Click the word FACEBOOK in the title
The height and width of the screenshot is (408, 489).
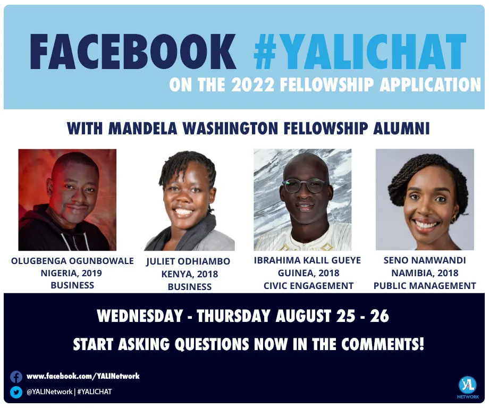click(x=133, y=52)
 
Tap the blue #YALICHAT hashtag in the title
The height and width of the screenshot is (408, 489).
click(x=360, y=52)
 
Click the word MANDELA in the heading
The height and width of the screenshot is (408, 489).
click(x=142, y=129)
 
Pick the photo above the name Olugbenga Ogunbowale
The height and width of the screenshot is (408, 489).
click(x=68, y=200)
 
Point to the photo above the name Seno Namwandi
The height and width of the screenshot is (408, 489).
click(x=425, y=199)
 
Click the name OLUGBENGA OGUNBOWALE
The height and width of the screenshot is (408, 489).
click(x=72, y=261)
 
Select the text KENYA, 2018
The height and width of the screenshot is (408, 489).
click(x=190, y=274)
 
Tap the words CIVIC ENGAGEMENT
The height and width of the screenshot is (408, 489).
click(x=308, y=285)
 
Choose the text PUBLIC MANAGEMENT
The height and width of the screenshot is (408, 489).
click(x=425, y=285)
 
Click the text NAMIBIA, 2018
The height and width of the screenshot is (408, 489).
click(x=425, y=273)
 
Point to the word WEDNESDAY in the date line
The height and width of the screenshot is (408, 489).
click(x=140, y=316)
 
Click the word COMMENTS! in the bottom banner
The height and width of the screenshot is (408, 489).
click(x=382, y=344)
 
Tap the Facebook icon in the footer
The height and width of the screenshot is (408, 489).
click(x=16, y=377)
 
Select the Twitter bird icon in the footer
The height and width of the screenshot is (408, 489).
click(x=16, y=392)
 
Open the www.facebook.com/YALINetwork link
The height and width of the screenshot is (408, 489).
click(x=83, y=376)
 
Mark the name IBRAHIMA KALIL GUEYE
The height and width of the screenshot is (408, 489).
click(x=307, y=260)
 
